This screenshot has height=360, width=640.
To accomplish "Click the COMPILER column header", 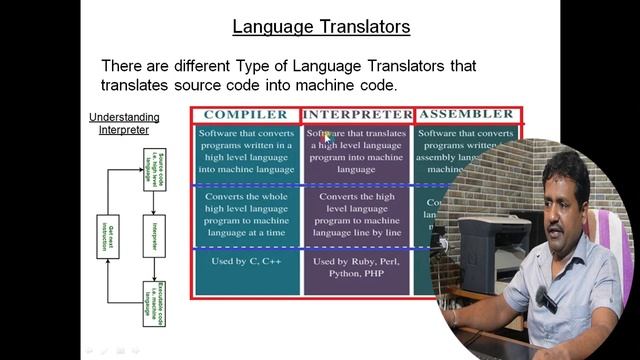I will click(x=246, y=114).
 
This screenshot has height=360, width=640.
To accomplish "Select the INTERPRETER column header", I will click(x=357, y=114).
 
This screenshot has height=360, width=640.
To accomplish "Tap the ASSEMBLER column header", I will click(x=466, y=114).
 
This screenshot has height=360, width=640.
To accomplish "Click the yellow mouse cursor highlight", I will click(x=325, y=136).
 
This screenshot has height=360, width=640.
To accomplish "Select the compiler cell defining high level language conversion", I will click(x=246, y=151).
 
